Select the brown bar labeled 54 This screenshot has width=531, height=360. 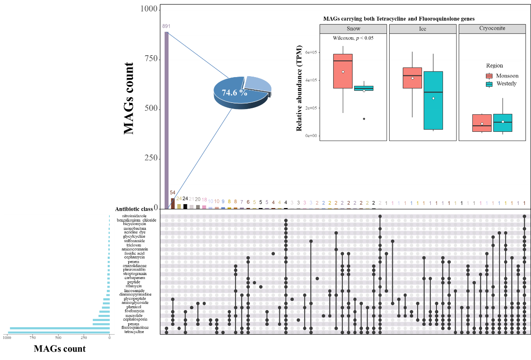(172, 203)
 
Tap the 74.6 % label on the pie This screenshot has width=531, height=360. (234, 93)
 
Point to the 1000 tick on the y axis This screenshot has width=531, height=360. (149, 9)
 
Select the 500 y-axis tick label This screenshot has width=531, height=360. (150, 109)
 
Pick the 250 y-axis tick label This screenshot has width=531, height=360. (150, 159)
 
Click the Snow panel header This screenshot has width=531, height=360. (353, 29)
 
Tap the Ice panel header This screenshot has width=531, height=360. (422, 29)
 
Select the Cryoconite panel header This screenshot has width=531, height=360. (492, 29)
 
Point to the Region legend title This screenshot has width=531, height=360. (494, 66)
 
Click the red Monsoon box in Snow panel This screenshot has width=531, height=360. (343, 71)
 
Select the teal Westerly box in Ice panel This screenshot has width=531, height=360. (433, 100)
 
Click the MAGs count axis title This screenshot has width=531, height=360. (60, 349)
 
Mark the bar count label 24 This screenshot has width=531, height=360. (179, 199)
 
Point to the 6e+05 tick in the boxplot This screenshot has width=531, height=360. (311, 53)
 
